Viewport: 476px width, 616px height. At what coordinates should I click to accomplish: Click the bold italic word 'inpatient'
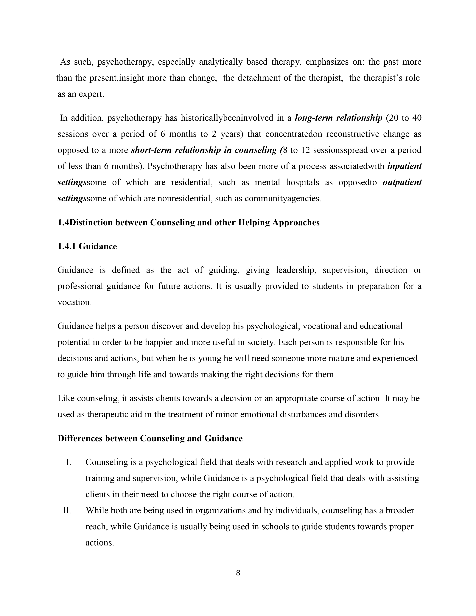[404, 166]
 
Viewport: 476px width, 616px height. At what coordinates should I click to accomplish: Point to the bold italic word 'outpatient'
[402, 182]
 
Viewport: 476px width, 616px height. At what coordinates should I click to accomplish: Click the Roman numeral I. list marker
[69, 462]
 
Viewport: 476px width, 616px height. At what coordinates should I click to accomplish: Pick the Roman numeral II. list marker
[67, 511]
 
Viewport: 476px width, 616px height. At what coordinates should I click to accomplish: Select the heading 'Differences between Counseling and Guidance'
[150, 439]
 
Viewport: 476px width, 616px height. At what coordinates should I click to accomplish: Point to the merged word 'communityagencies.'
[283, 199]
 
